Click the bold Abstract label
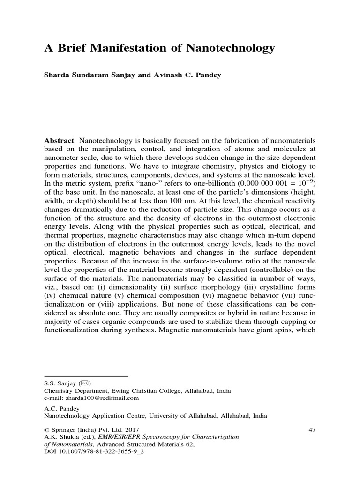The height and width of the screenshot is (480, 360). (59, 141)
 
